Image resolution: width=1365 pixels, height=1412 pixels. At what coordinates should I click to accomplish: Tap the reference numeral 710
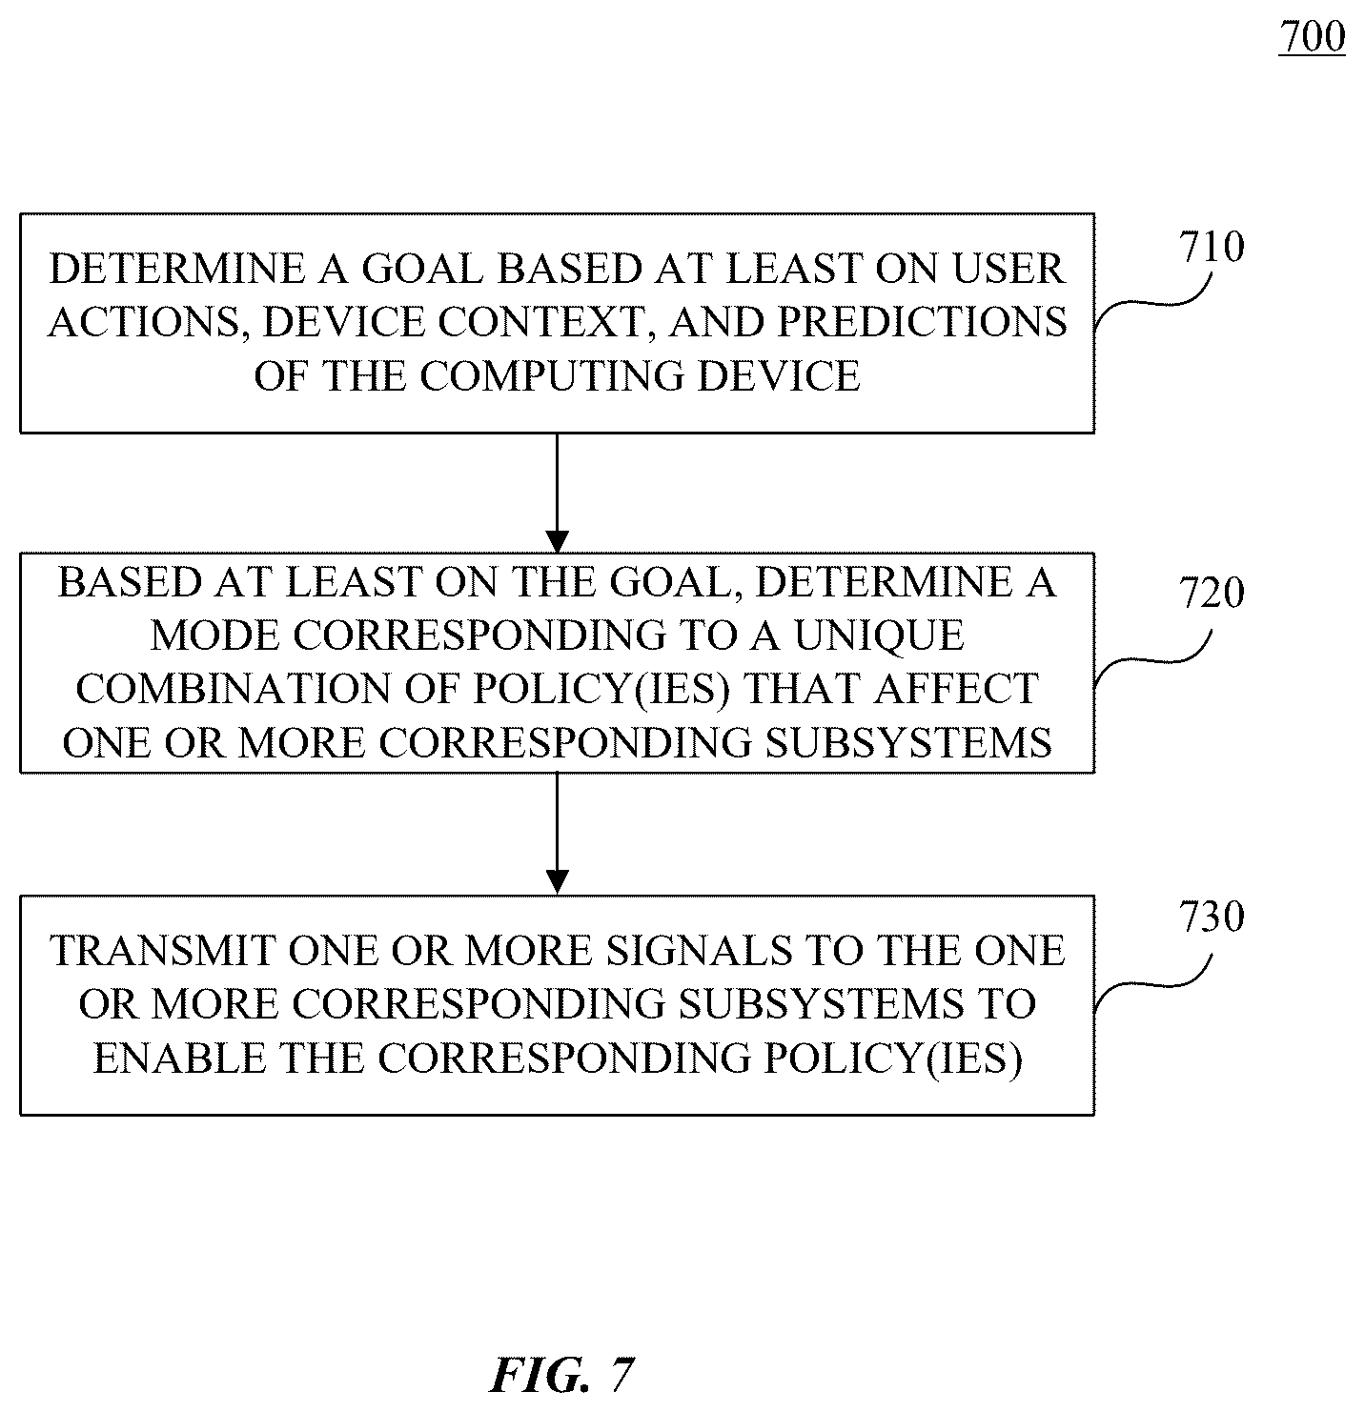pyautogui.click(x=1212, y=247)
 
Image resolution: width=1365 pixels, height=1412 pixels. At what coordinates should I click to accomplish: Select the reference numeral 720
pyautogui.click(x=1212, y=593)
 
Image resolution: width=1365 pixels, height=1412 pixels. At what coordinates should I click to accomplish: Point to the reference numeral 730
pyautogui.click(x=1212, y=917)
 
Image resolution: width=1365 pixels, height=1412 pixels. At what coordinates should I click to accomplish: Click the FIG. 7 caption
pyautogui.click(x=562, y=1374)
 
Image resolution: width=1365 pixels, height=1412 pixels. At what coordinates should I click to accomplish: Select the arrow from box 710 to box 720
pyautogui.click(x=557, y=493)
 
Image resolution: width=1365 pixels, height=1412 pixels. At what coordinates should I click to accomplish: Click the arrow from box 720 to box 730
pyautogui.click(x=557, y=834)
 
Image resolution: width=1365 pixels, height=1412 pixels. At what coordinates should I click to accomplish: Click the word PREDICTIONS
pyautogui.click(x=923, y=322)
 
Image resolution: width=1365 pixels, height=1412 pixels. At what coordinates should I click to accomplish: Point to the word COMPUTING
pyautogui.click(x=552, y=375)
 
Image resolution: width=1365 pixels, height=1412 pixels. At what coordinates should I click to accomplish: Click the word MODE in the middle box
pyautogui.click(x=214, y=635)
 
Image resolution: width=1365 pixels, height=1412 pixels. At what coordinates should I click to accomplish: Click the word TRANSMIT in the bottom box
pyautogui.click(x=162, y=951)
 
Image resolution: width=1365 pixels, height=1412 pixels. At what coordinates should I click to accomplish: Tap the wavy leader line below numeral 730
pyautogui.click(x=1152, y=983)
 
